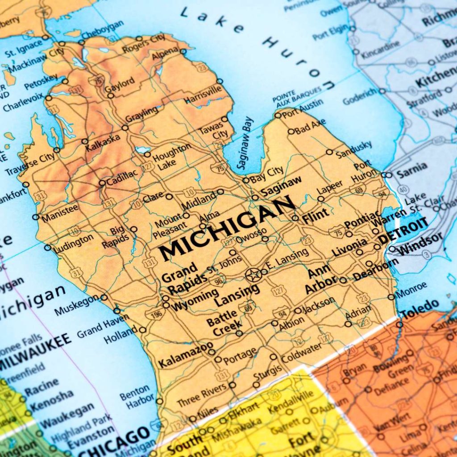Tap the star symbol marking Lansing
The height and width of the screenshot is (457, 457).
tap(253, 275)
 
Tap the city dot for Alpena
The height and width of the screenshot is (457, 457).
tap(183, 51)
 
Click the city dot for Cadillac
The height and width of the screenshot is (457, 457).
tap(102, 183)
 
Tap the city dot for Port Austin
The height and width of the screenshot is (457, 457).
tap(278, 115)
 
